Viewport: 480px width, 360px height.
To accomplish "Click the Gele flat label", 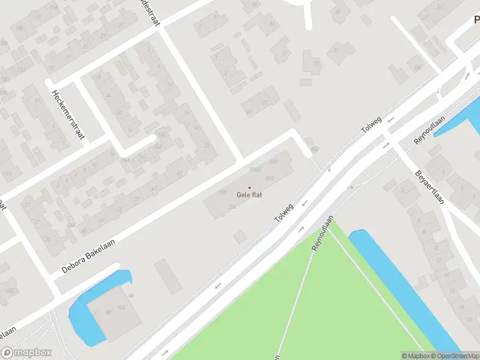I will pos(250,195).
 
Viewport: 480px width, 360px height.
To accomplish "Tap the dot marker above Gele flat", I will pos(250,188).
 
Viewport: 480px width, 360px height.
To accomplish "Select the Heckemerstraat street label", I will pos(66,115).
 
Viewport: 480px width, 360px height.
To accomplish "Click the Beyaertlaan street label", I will pos(429,187).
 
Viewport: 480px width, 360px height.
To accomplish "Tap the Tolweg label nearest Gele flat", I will pos(285,212).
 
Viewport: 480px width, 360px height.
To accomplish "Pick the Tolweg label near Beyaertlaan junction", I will pos(371,122).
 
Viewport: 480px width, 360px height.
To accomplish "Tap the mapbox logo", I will pos(26,353).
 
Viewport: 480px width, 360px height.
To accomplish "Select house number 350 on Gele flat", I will pos(269,178).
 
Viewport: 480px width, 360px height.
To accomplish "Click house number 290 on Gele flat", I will pos(223,192).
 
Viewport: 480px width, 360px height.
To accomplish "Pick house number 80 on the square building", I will pos(108,313).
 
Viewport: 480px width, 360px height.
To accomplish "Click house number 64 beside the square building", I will pos(131,296).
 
